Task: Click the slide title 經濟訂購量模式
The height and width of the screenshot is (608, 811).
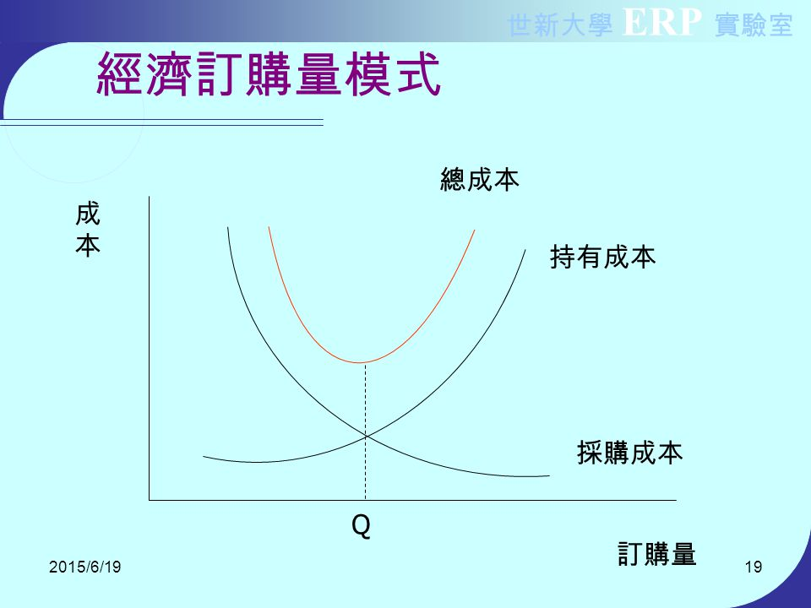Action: point(269,74)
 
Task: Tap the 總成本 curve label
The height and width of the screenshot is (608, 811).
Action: point(479,179)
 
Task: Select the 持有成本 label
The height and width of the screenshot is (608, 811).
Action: point(602,257)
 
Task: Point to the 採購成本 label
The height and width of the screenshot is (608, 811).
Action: point(629,453)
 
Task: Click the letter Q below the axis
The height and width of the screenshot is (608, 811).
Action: point(361,527)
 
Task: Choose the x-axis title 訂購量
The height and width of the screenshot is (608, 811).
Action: point(656,554)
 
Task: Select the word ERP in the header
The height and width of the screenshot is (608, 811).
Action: point(662,25)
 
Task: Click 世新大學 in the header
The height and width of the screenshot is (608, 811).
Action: point(560,26)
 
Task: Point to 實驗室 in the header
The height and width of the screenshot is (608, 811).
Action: point(754,26)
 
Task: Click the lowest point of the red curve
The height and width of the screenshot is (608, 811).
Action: point(363,362)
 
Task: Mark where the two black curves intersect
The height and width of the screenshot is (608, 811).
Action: point(365,436)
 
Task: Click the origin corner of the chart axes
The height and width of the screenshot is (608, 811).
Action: point(150,500)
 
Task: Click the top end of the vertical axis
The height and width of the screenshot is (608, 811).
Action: point(150,198)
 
